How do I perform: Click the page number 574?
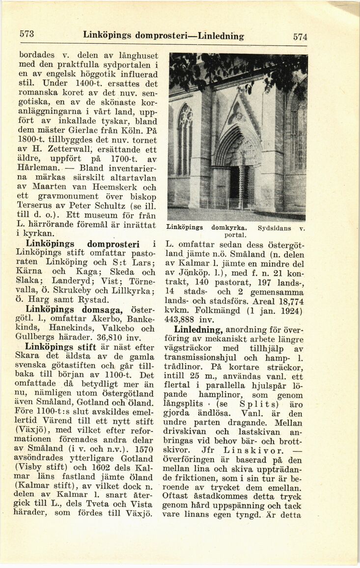coord(300,36)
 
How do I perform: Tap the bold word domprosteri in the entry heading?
coord(116,244)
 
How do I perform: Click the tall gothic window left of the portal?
coord(185,140)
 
